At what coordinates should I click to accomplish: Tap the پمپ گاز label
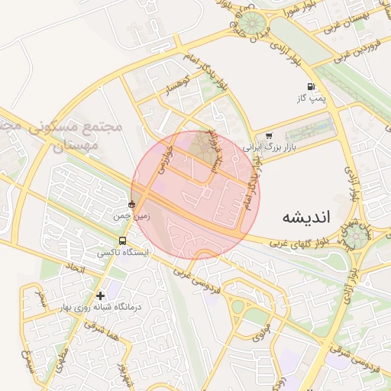[311, 99]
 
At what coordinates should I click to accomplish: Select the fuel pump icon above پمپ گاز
[311, 87]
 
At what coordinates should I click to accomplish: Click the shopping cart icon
[268, 135]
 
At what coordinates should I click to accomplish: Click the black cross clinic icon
[100, 296]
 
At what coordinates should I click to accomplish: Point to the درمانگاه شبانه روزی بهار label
[102, 307]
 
